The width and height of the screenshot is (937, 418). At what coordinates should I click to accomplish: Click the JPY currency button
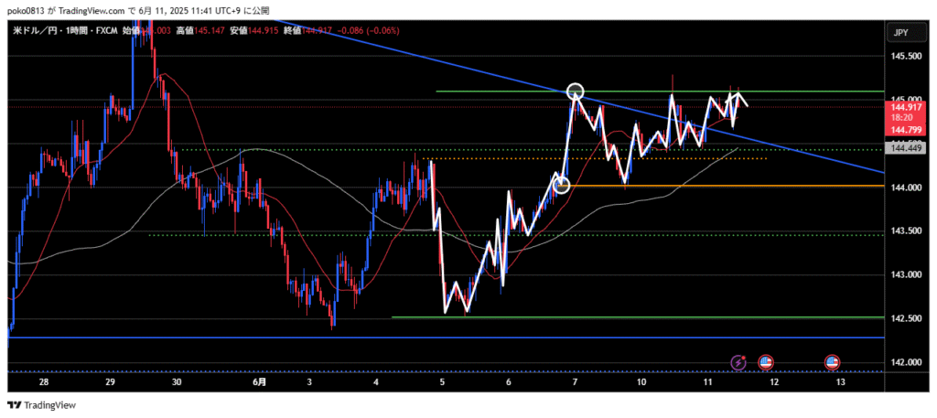point(900,33)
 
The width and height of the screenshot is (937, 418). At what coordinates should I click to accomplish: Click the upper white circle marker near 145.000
point(575,91)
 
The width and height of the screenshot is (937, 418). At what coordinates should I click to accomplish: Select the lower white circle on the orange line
point(562,186)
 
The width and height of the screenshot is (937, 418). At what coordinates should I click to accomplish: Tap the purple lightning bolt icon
point(738,363)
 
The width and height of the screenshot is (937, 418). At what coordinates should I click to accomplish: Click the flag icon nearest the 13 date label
point(832,363)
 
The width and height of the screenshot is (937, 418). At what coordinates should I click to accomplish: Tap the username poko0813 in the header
point(32,8)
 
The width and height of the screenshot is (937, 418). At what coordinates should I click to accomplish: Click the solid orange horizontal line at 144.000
point(732,186)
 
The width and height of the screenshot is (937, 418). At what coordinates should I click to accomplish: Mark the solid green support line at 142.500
point(641,317)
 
